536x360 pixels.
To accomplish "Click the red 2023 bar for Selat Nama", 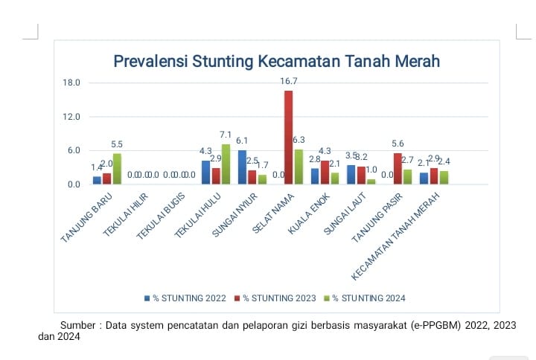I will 288,138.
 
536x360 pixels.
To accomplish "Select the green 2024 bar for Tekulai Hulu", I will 226,164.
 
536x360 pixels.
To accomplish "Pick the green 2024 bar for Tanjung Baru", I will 117,169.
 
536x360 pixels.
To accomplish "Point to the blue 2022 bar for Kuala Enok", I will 315,176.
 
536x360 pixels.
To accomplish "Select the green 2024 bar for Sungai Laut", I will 371,181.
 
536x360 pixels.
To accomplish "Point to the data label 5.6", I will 398,144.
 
